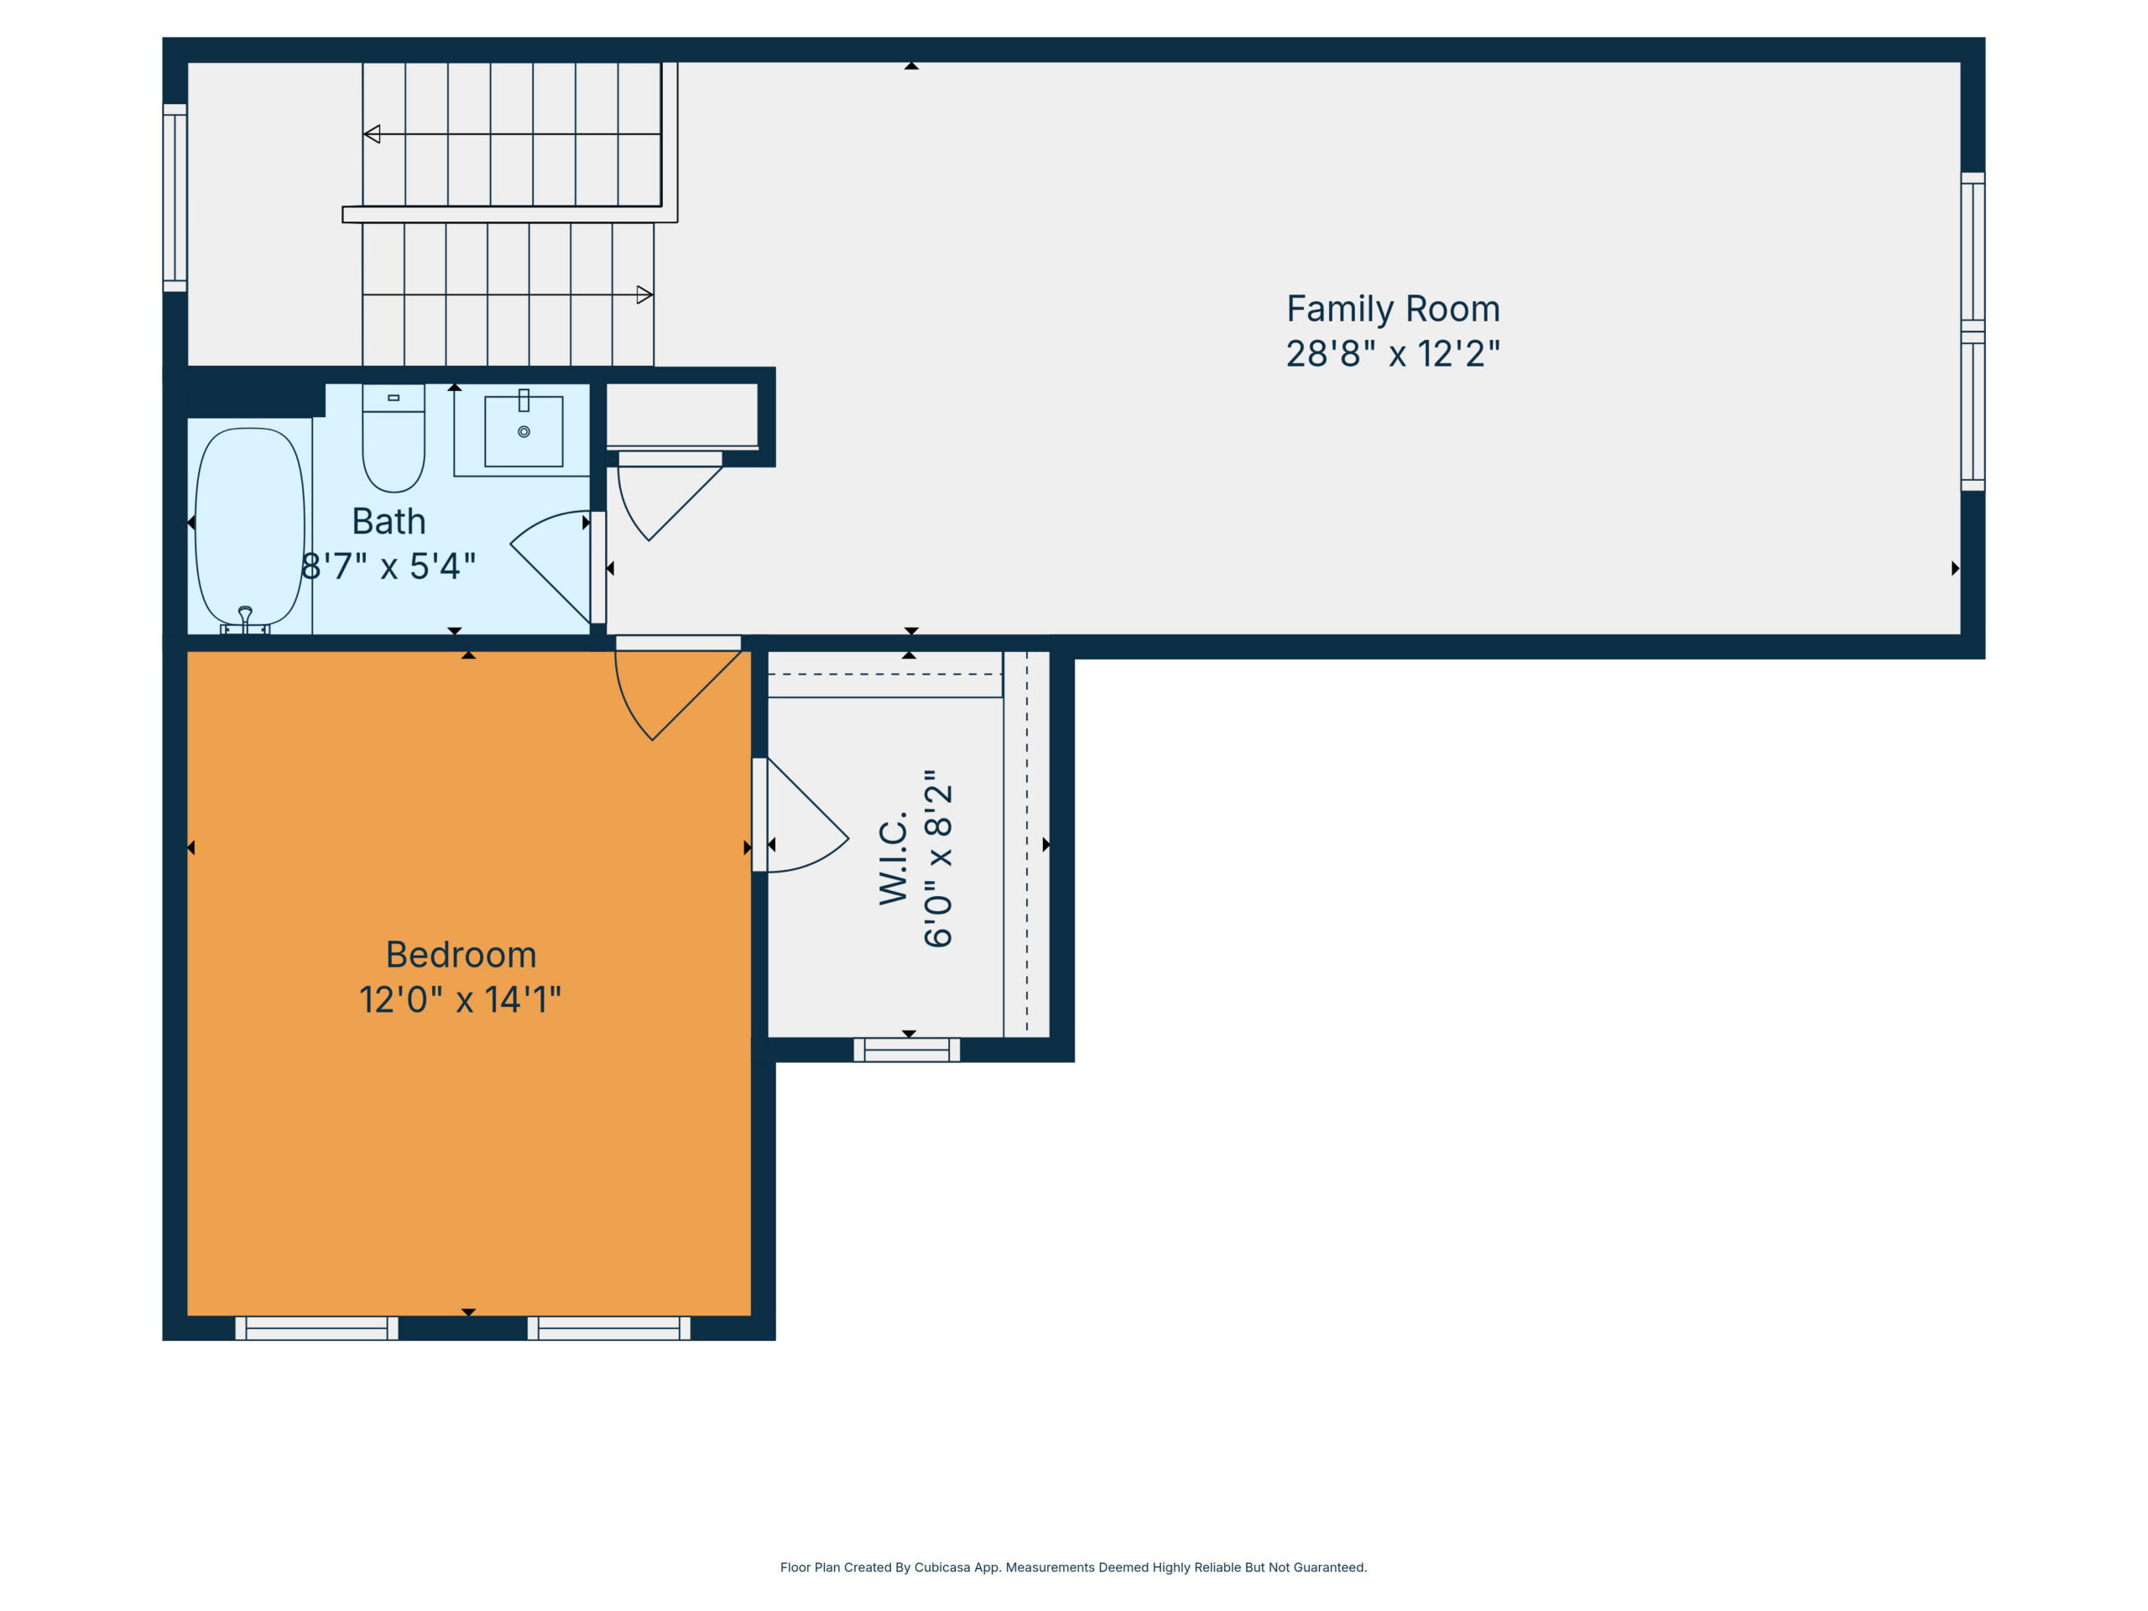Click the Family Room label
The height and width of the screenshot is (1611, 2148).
tap(1393, 309)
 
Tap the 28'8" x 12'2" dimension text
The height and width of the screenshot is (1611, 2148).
tap(1393, 353)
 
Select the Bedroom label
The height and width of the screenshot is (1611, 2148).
tap(461, 955)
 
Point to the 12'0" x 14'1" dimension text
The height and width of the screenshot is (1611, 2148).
tap(461, 999)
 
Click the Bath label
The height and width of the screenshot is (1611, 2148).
tap(388, 521)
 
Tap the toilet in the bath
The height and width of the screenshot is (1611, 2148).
tap(394, 438)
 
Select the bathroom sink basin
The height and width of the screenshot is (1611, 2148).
tap(524, 431)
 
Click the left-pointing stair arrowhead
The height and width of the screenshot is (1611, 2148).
tap(372, 134)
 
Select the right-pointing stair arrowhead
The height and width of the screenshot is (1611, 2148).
tap(644, 295)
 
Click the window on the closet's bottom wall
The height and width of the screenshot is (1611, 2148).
tap(907, 1050)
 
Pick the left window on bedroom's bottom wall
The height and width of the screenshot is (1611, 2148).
tap(316, 1328)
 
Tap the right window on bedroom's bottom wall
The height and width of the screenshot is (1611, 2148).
tap(609, 1328)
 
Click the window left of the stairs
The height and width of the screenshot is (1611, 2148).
tap(175, 197)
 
